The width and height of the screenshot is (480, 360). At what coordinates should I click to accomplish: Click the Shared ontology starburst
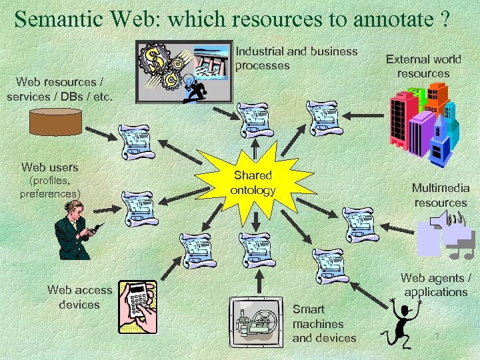coord(253,183)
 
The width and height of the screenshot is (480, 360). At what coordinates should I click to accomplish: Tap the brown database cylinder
coord(56,122)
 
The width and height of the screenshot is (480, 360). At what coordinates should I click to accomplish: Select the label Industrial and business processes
coord(296,59)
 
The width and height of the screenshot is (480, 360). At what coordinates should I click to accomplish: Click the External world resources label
coord(423,67)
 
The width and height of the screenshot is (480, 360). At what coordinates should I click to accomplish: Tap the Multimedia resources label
coord(440,195)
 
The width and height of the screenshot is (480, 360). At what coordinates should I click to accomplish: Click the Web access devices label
coord(79,297)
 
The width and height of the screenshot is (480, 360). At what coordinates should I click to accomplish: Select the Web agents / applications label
coord(436,285)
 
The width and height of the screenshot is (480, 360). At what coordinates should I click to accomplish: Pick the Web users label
coord(50,167)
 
